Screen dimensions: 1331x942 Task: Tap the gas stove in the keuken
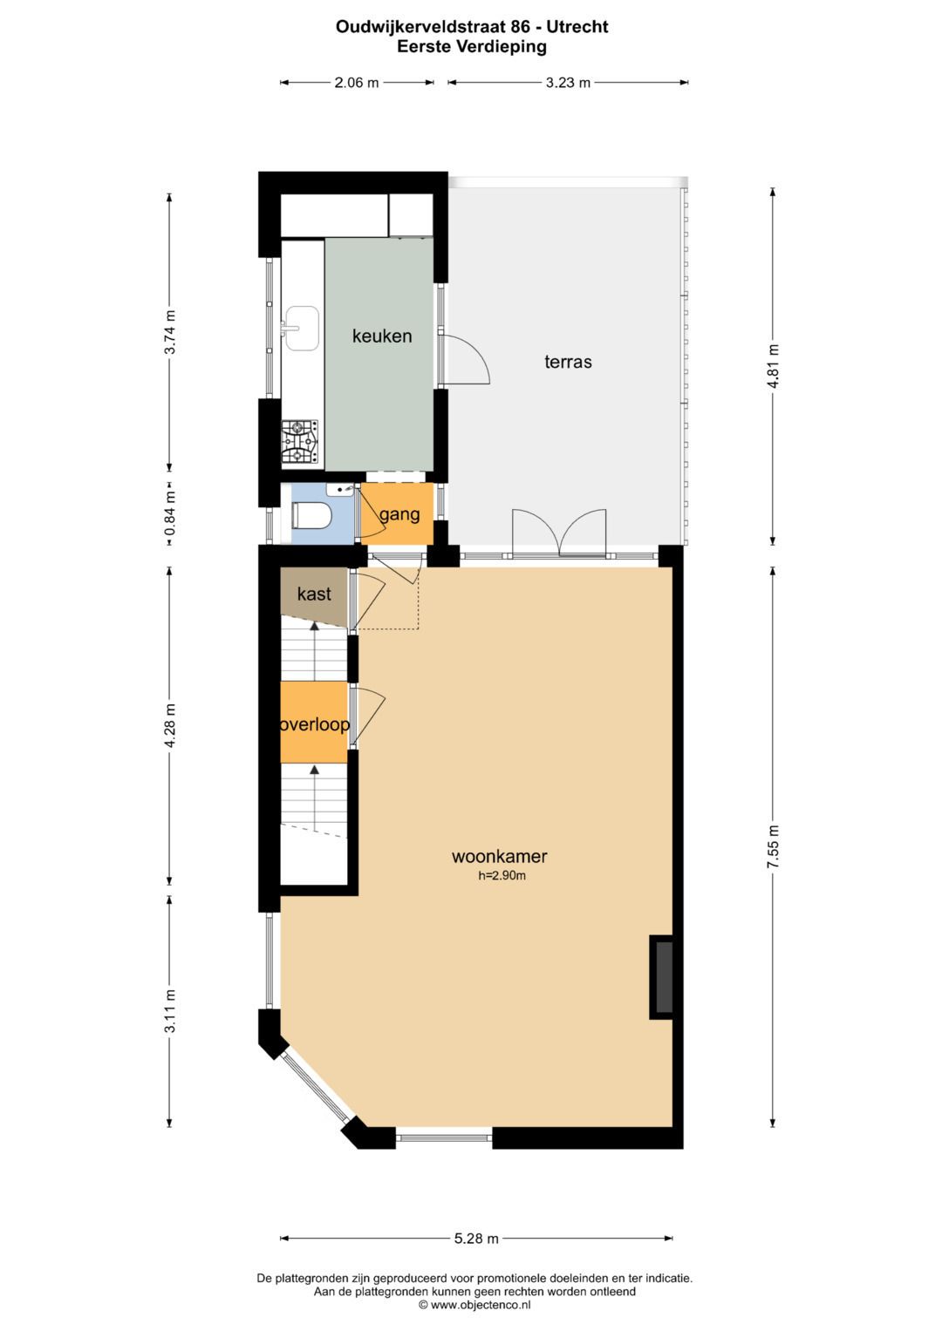pos(300,442)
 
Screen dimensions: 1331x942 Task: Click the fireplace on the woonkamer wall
pos(663,976)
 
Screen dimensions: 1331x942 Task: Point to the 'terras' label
pos(568,362)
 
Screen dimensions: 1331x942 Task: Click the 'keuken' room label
pos(382,336)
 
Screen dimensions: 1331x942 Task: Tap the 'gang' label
pos(399,514)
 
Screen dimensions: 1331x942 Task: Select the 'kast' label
pos(314,594)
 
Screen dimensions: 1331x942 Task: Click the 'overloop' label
pos(314,724)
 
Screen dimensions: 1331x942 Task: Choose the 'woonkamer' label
pos(499,856)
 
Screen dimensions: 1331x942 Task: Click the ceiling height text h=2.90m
pos(502,876)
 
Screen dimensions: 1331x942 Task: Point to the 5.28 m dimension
pos(476,1238)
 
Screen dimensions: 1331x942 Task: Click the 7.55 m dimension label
pos(773,845)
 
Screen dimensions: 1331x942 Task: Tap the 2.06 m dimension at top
pos(357,83)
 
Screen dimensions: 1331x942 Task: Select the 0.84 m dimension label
pos(170,513)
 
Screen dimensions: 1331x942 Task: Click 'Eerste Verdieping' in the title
pos(472,47)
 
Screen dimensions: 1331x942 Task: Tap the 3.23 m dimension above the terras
pos(568,83)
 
